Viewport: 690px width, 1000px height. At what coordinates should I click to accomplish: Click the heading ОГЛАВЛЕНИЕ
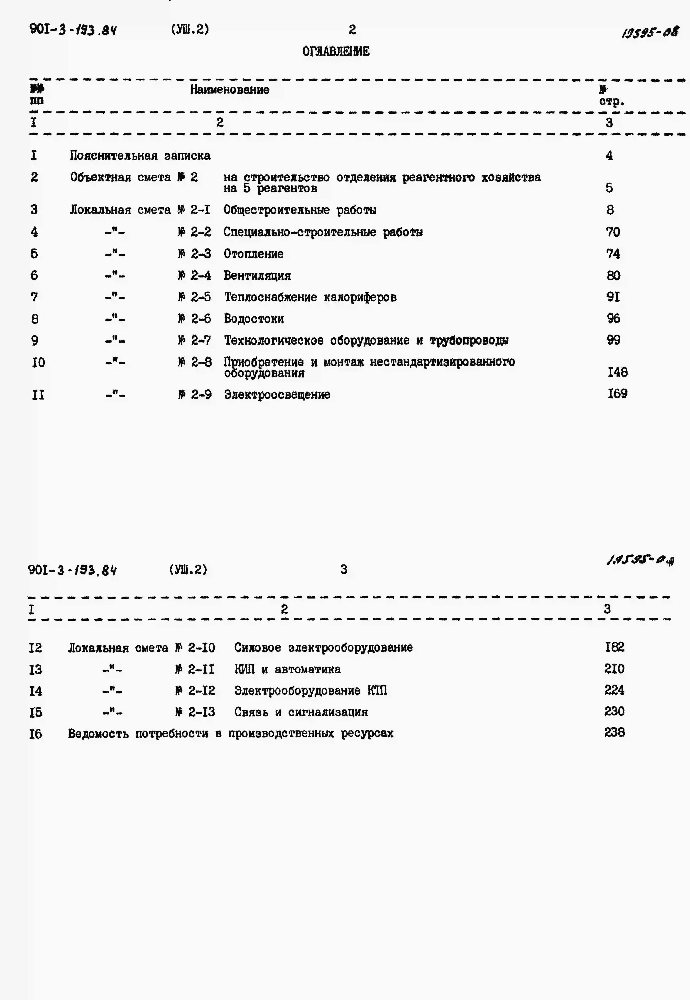336,51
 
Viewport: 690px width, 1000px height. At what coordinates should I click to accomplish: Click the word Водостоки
254,319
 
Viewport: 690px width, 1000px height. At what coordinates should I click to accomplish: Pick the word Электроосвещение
277,395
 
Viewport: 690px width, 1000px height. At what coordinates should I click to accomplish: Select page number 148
617,372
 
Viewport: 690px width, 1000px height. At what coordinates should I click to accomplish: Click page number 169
617,394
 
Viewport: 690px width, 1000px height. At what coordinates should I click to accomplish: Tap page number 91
613,297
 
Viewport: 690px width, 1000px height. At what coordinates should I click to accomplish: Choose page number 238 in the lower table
614,732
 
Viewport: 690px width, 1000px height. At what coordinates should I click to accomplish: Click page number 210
614,669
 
